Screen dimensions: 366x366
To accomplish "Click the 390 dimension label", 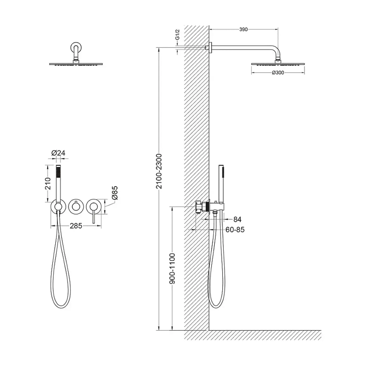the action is (243, 29).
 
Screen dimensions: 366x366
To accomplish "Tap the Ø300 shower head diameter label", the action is (278, 73).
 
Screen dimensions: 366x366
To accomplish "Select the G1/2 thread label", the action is (178, 35).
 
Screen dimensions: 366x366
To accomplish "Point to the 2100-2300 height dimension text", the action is (159, 171).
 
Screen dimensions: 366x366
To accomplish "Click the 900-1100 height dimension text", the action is (172, 268).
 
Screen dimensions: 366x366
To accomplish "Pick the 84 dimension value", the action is (237, 219).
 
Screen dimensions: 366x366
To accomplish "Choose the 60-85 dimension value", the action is (235, 230).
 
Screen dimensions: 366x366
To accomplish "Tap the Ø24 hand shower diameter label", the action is (58, 153).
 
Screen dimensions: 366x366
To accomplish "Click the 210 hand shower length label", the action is (48, 183).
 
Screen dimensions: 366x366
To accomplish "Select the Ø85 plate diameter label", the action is (115, 193).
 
